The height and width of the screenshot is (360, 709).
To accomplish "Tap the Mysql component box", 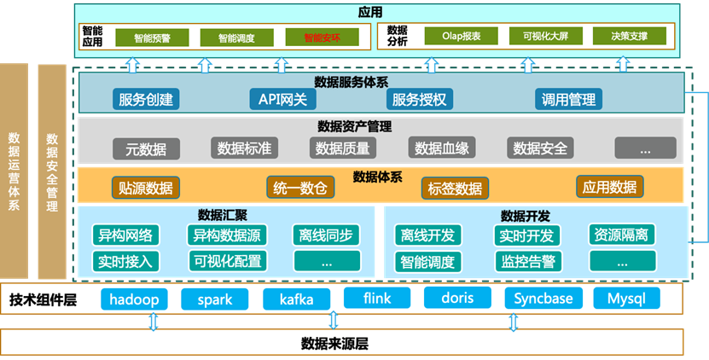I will click(632, 299).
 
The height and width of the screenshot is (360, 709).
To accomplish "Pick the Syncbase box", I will click(544, 299).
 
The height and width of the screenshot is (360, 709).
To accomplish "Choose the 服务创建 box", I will click(146, 99).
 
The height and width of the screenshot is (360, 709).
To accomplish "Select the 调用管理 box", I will click(568, 99).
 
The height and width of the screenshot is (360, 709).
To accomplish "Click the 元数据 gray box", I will click(146, 148).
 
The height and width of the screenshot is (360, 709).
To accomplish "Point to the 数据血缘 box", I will click(441, 148).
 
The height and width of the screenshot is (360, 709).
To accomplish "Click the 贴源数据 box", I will click(145, 188).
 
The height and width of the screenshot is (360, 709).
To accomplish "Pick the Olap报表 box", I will click(462, 37).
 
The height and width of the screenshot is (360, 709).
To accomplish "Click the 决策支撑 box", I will click(629, 37).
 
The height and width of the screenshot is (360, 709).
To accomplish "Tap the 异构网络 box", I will click(125, 235).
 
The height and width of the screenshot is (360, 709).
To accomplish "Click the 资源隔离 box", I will click(621, 235).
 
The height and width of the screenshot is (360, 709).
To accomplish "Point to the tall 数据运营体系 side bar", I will click(15, 171).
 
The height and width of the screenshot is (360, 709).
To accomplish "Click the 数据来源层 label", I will click(334, 344).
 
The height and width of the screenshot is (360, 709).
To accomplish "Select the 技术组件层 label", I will click(44, 299).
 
